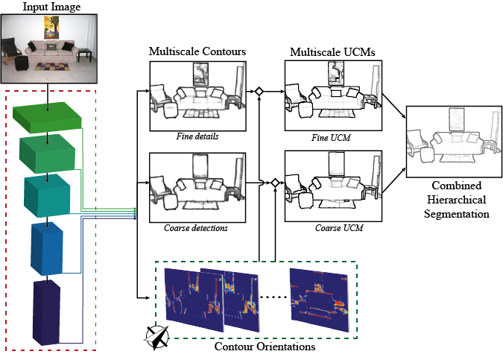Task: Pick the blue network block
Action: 47,246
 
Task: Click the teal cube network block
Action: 47,194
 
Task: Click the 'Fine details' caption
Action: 197,136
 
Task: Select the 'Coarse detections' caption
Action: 197,227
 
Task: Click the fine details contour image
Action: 197,95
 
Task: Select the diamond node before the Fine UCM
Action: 259,92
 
